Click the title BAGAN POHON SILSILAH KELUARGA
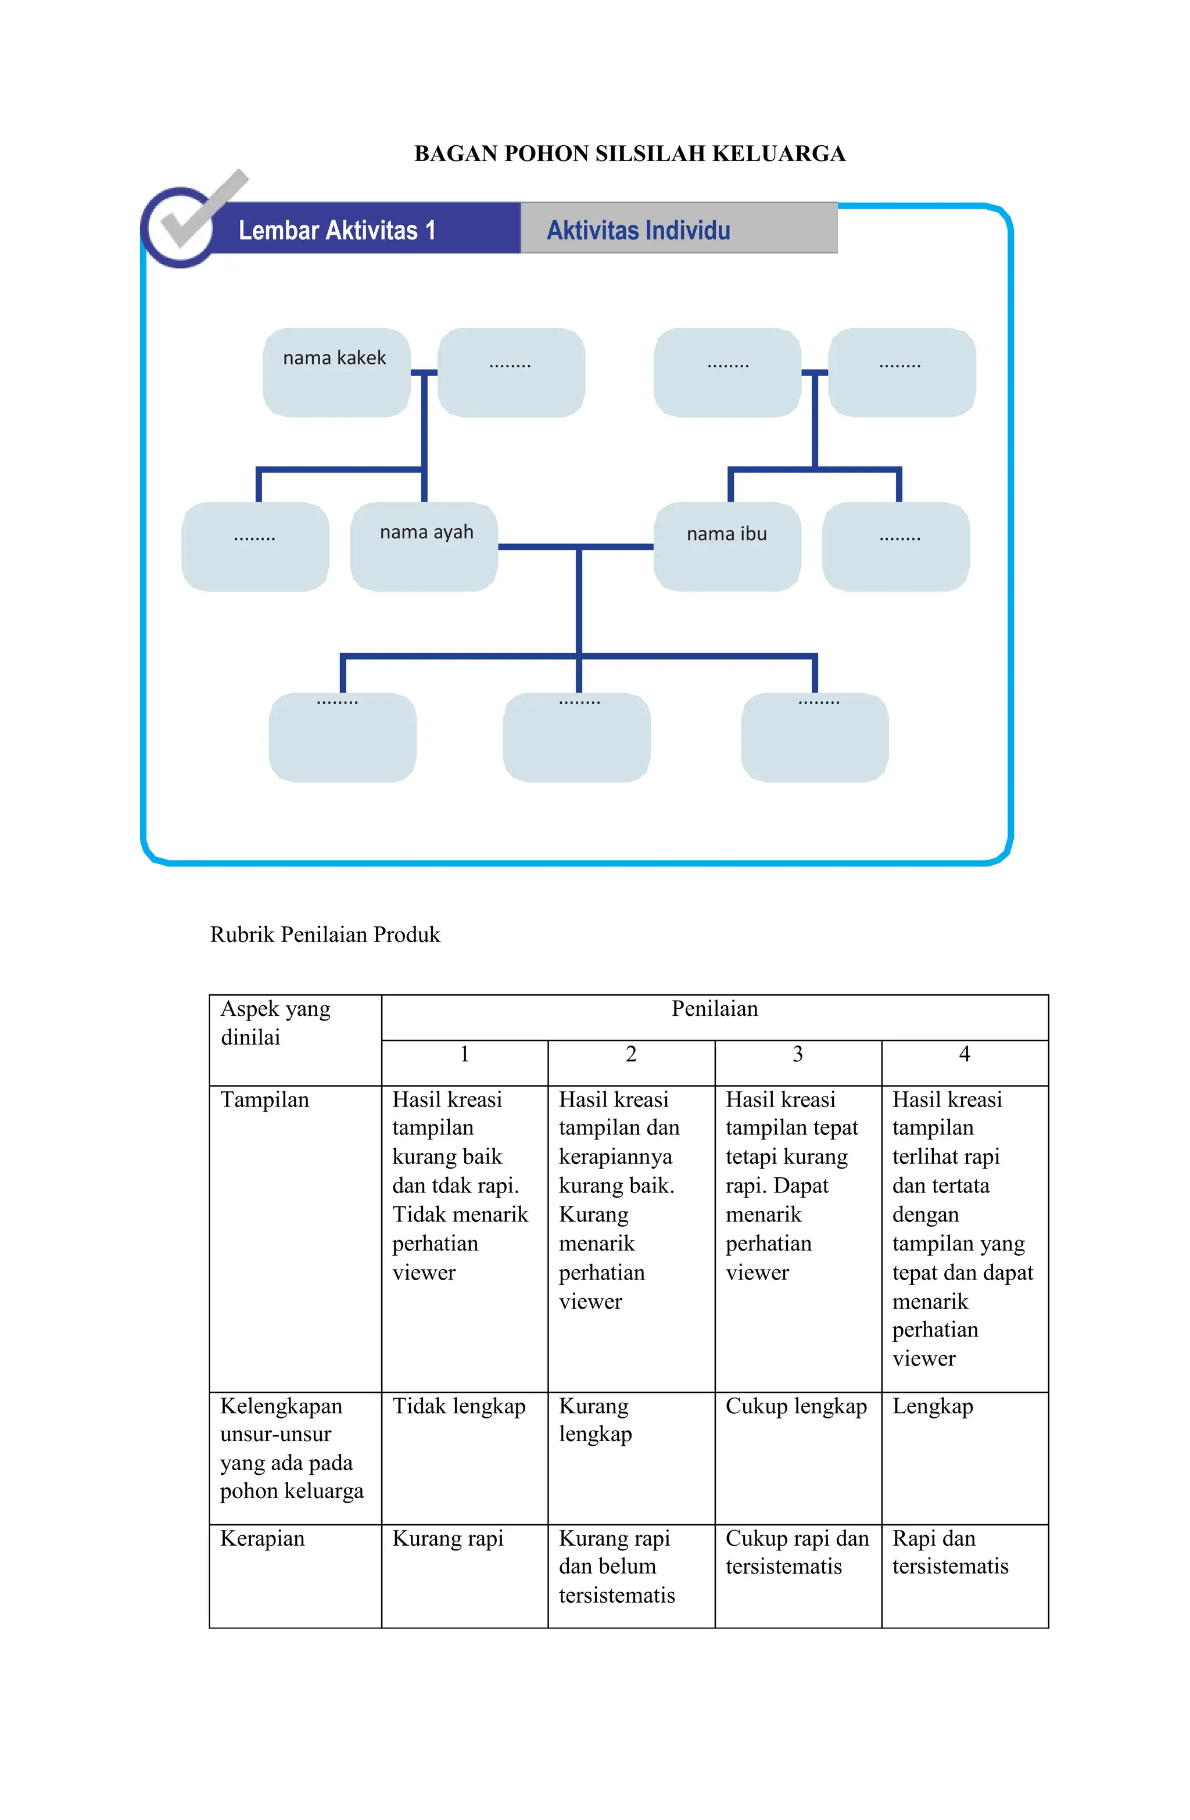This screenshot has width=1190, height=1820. pos(629,154)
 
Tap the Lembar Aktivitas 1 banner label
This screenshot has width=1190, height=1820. pos(336,230)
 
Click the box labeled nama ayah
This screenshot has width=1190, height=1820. pos(424,546)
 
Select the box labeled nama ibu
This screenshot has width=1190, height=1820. pos(726,546)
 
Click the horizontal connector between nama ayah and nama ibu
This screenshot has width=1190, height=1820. pos(575,547)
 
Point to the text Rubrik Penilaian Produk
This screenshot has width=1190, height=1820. pos(325,934)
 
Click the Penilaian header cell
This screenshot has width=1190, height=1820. pos(714,1009)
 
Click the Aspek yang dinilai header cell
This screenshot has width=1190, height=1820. pos(275,1023)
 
